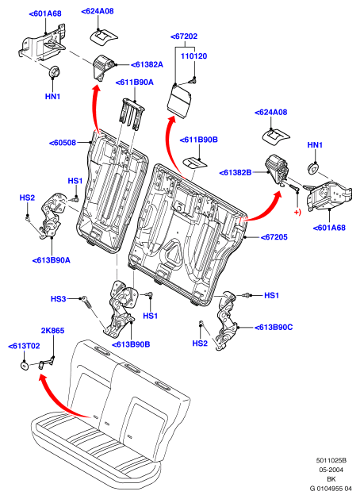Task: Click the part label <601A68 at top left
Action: tap(45, 13)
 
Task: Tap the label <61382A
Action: tap(147, 64)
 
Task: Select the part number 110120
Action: tap(194, 56)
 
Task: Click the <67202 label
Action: tap(184, 36)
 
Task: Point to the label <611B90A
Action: tap(135, 83)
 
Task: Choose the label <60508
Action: tap(63, 143)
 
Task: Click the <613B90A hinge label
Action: tap(52, 260)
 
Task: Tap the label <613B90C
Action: tap(274, 327)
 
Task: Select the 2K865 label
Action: tap(53, 331)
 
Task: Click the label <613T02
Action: tap(24, 346)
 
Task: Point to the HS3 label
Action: tap(59, 299)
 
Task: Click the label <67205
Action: tap(274, 237)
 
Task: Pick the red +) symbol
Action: tap(297, 212)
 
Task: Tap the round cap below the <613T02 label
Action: tap(24, 366)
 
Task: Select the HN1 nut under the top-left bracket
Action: tap(54, 72)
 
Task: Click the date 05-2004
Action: tap(331, 470)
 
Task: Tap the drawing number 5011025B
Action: tap(331, 460)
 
